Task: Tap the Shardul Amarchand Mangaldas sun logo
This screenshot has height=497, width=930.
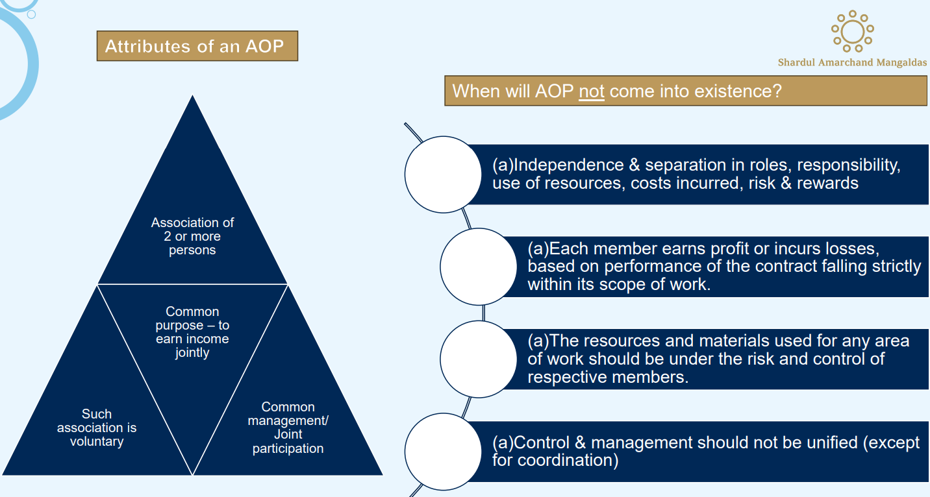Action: pos(852,30)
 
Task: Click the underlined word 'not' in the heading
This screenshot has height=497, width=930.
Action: pos(591,91)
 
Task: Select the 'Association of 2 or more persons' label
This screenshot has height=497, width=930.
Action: pos(192,236)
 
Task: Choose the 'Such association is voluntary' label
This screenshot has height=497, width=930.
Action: pos(97,428)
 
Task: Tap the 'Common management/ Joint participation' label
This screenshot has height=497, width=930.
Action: pos(288,428)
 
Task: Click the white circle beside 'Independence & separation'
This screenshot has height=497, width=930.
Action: pos(442,174)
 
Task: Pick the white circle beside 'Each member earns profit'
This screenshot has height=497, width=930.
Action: pos(478,267)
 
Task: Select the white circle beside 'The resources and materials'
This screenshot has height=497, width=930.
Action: pos(478,359)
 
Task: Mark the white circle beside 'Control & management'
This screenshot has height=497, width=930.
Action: pos(442,451)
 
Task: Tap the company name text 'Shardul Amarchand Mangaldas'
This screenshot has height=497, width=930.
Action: pos(852,63)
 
